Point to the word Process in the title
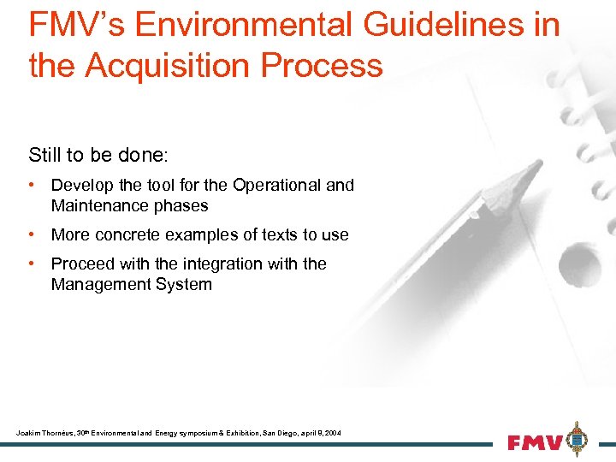(326, 64)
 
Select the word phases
(181, 205)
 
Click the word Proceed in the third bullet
(81, 264)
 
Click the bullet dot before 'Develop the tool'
(31, 185)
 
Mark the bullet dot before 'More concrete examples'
(31, 234)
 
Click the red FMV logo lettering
(536, 442)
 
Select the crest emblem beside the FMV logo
(579, 439)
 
